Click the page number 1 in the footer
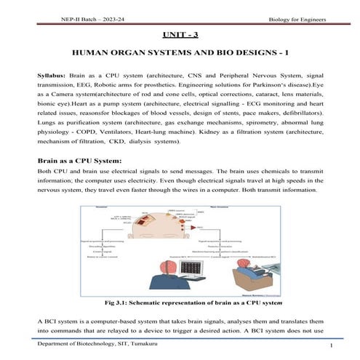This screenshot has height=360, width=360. click(330, 346)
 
